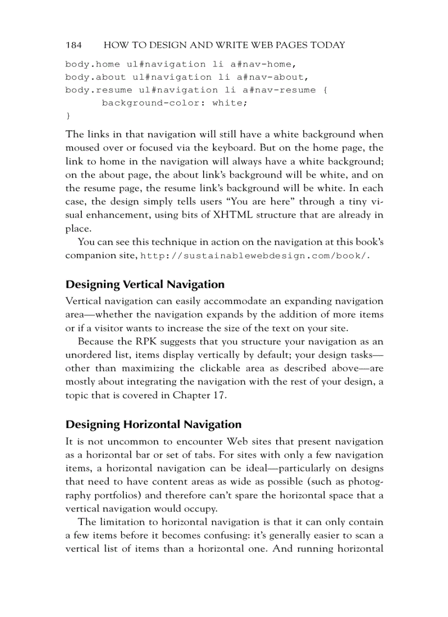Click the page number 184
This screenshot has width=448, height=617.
[74, 45]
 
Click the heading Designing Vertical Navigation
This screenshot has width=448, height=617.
[145, 285]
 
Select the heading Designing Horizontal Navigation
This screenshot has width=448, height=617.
[153, 425]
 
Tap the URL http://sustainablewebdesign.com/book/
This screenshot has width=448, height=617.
[255, 256]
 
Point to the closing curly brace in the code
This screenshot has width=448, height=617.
[68, 116]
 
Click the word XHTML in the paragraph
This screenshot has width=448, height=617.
[225, 215]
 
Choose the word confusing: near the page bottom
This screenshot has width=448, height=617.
[237, 535]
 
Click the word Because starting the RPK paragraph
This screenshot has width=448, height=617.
[97, 342]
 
